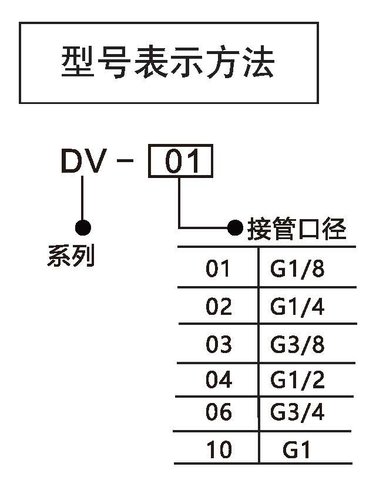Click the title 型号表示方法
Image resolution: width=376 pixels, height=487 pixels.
(168, 63)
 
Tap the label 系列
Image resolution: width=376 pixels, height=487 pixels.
(70, 257)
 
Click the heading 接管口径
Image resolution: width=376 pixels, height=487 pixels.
(297, 230)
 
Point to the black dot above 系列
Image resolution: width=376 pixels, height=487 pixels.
(83, 227)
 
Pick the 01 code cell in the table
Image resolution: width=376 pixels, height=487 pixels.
(219, 269)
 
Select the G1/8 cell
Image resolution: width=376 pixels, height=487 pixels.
(297, 269)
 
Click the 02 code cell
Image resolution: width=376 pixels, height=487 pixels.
(219, 307)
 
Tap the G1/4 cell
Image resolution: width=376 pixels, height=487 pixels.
(297, 307)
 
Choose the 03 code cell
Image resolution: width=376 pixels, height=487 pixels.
(219, 344)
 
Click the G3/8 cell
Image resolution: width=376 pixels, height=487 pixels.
(297, 344)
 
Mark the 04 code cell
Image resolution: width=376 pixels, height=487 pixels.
(219, 380)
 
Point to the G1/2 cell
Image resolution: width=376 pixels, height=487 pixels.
(297, 380)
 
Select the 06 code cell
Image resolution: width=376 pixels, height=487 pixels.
(219, 413)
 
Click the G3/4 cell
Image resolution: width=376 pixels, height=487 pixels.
(297, 413)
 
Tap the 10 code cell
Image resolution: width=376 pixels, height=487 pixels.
(219, 450)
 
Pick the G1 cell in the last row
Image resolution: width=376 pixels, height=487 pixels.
(296, 450)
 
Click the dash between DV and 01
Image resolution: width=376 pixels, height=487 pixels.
(125, 162)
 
